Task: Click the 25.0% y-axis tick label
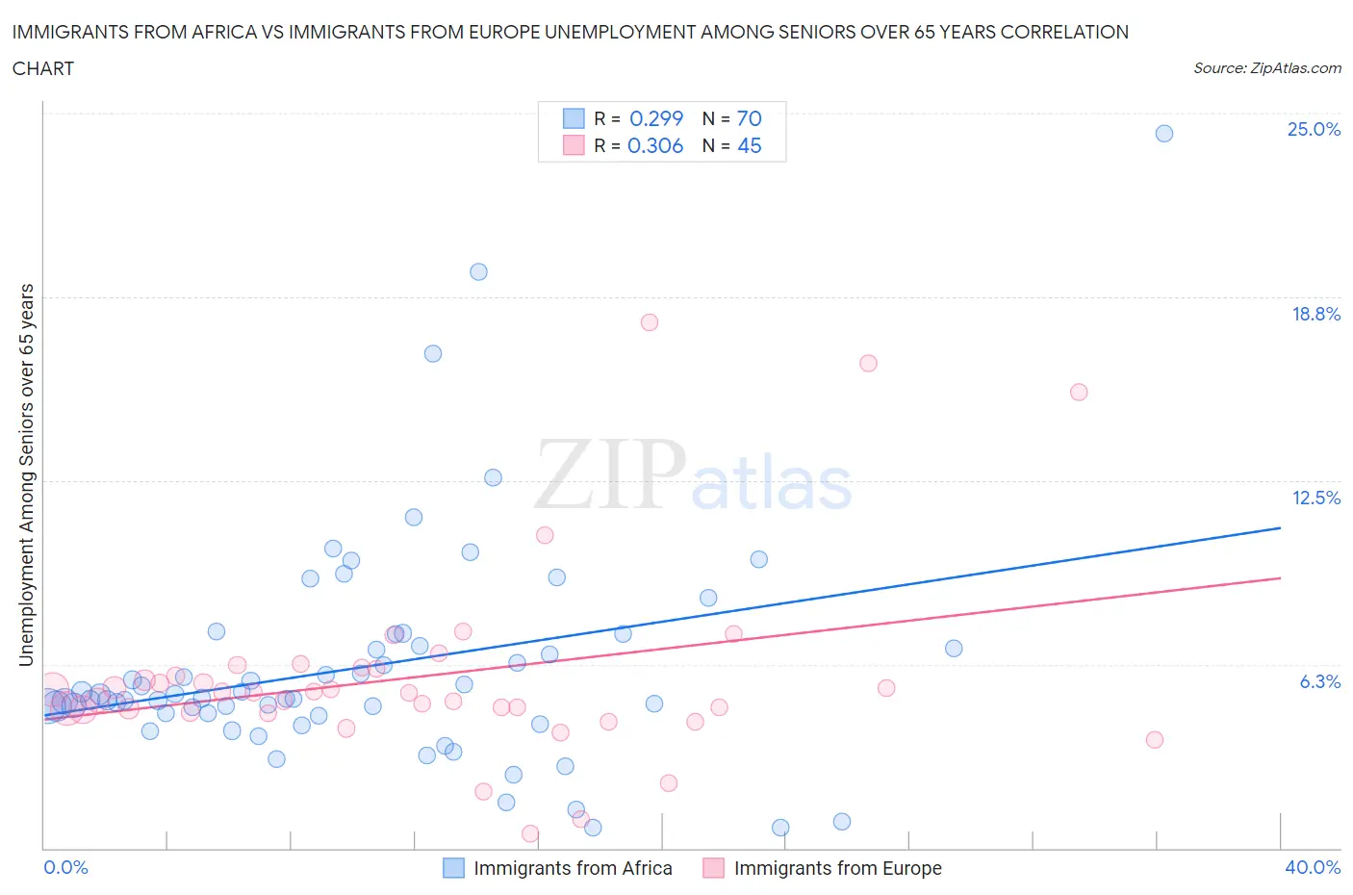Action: point(1314,129)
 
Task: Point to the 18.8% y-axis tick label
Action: point(1315,314)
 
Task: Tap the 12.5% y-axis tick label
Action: point(1315,498)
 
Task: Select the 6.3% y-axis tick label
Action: point(1319,681)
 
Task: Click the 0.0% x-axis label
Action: point(65,867)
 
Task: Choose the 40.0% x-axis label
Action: point(1313,867)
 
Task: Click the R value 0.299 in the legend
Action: point(655,118)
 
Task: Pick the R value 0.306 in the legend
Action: point(654,145)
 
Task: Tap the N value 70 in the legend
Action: point(749,118)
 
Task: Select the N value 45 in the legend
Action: point(749,145)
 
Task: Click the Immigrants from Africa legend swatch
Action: point(453,868)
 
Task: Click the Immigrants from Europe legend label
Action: point(837,868)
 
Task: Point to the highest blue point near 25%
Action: point(1163,134)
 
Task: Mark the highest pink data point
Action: point(650,322)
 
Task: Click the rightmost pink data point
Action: point(1155,739)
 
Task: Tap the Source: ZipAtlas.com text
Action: point(1266,68)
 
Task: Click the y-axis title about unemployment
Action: point(27,474)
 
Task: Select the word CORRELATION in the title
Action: point(1064,32)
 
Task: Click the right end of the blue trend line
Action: point(1280,528)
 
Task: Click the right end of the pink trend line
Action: point(1280,578)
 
